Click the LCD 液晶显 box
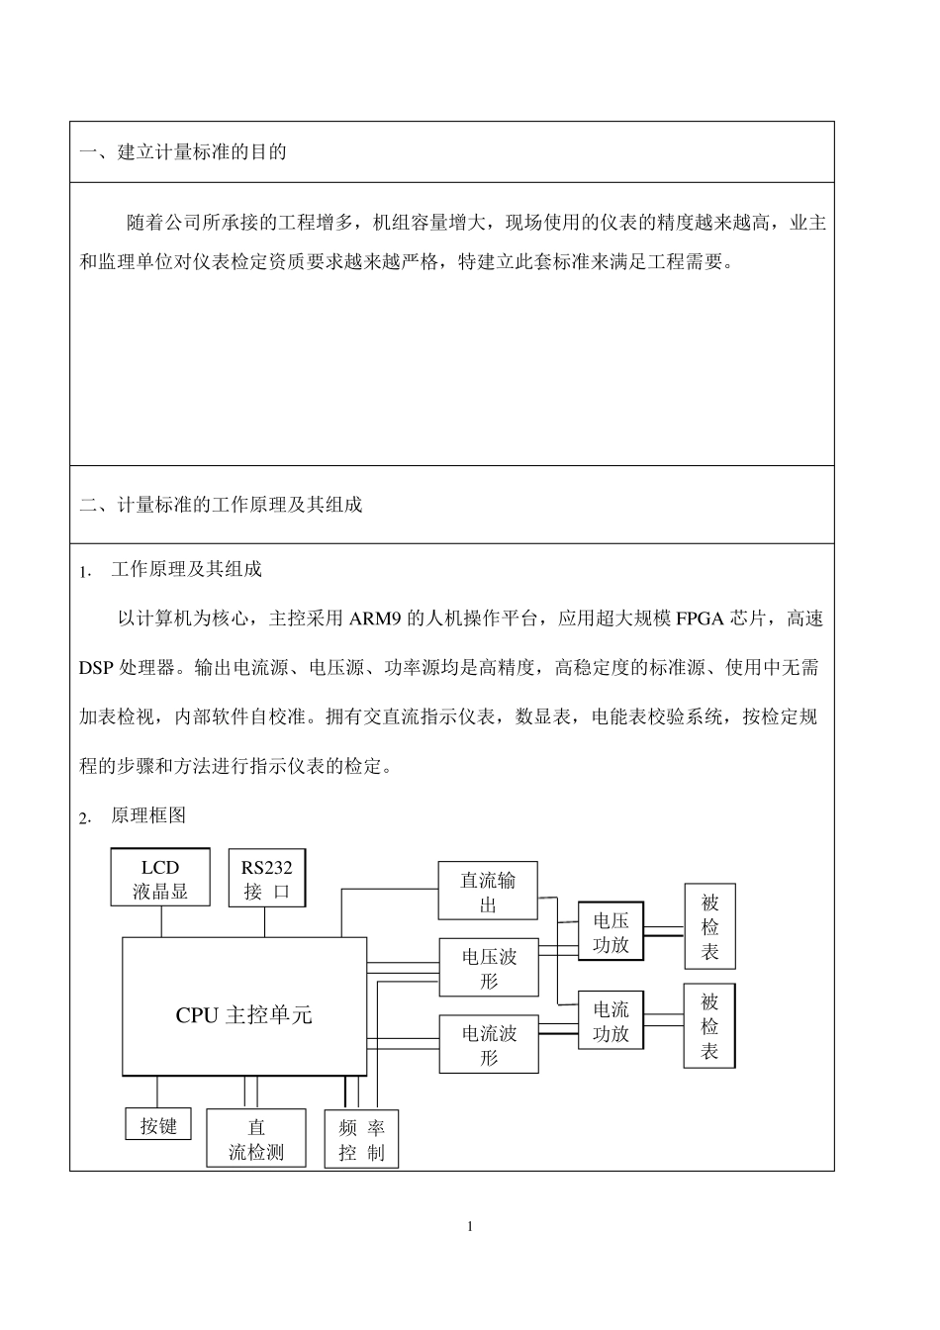pos(159,878)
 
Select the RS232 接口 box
pos(266,878)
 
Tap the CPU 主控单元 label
pos(243,1015)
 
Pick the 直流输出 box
pos(488,891)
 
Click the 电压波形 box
pos(489,968)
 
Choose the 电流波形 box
pos(489,1044)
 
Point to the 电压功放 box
pos(611,932)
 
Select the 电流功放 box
pos(611,1021)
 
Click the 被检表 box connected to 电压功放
pos(709,927)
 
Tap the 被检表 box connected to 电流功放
pos(709,1026)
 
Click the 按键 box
pos(158,1125)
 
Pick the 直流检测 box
pos(256,1138)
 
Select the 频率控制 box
pos(361,1139)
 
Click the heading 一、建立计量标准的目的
pos(183,152)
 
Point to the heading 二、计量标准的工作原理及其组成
pos(221,505)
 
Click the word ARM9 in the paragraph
pos(372,619)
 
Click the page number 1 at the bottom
pos(470,1227)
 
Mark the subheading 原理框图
pos(148,815)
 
